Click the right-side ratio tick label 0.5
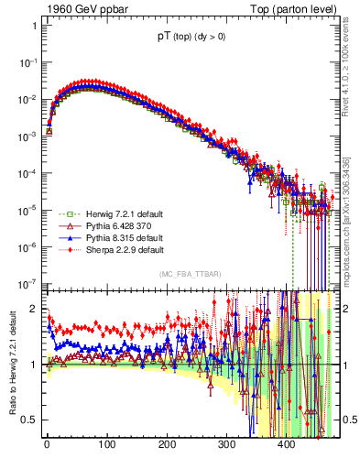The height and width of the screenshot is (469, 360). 347,420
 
